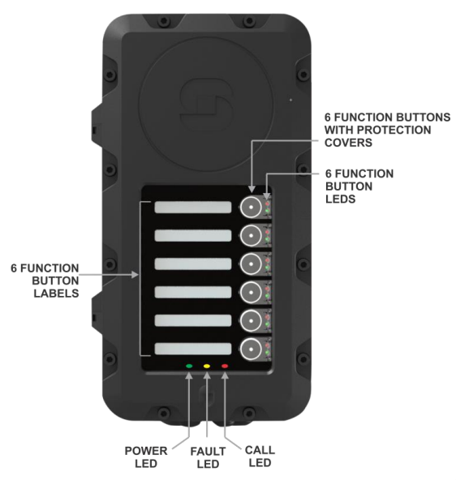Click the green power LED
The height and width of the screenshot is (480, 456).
(189, 366)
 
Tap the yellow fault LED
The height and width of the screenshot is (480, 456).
(207, 366)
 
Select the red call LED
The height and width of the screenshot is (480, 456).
(225, 366)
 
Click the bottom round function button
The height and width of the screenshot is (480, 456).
(251, 349)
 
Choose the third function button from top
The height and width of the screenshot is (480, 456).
(251, 264)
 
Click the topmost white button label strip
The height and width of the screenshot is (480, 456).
(193, 208)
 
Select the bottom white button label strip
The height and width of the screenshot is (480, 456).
(193, 349)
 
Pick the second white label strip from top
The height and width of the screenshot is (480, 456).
(193, 235)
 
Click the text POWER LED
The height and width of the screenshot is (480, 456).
(146, 457)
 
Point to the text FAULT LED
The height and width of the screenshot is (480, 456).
(208, 457)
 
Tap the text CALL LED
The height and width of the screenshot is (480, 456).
(260, 456)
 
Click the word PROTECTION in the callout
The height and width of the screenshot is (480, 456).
(394, 130)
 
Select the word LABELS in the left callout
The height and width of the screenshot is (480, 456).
(56, 294)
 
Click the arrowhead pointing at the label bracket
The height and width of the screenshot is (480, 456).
(135, 275)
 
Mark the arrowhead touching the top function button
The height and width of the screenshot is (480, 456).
(252, 189)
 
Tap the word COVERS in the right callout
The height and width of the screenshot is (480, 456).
(348, 143)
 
